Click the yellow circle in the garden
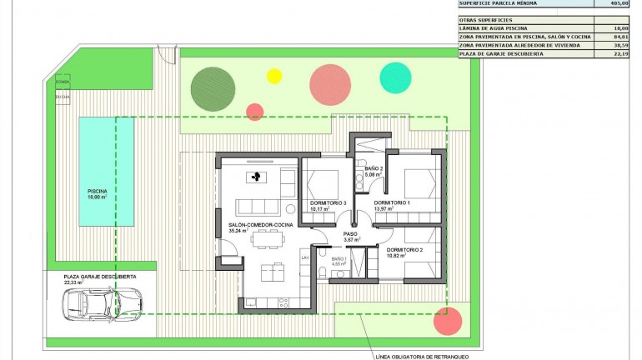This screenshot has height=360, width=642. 274,76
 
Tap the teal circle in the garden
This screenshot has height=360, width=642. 395,77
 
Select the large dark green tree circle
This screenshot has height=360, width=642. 213,88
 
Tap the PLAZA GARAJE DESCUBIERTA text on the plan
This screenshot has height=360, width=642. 100,276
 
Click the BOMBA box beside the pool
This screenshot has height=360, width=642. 63,82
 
